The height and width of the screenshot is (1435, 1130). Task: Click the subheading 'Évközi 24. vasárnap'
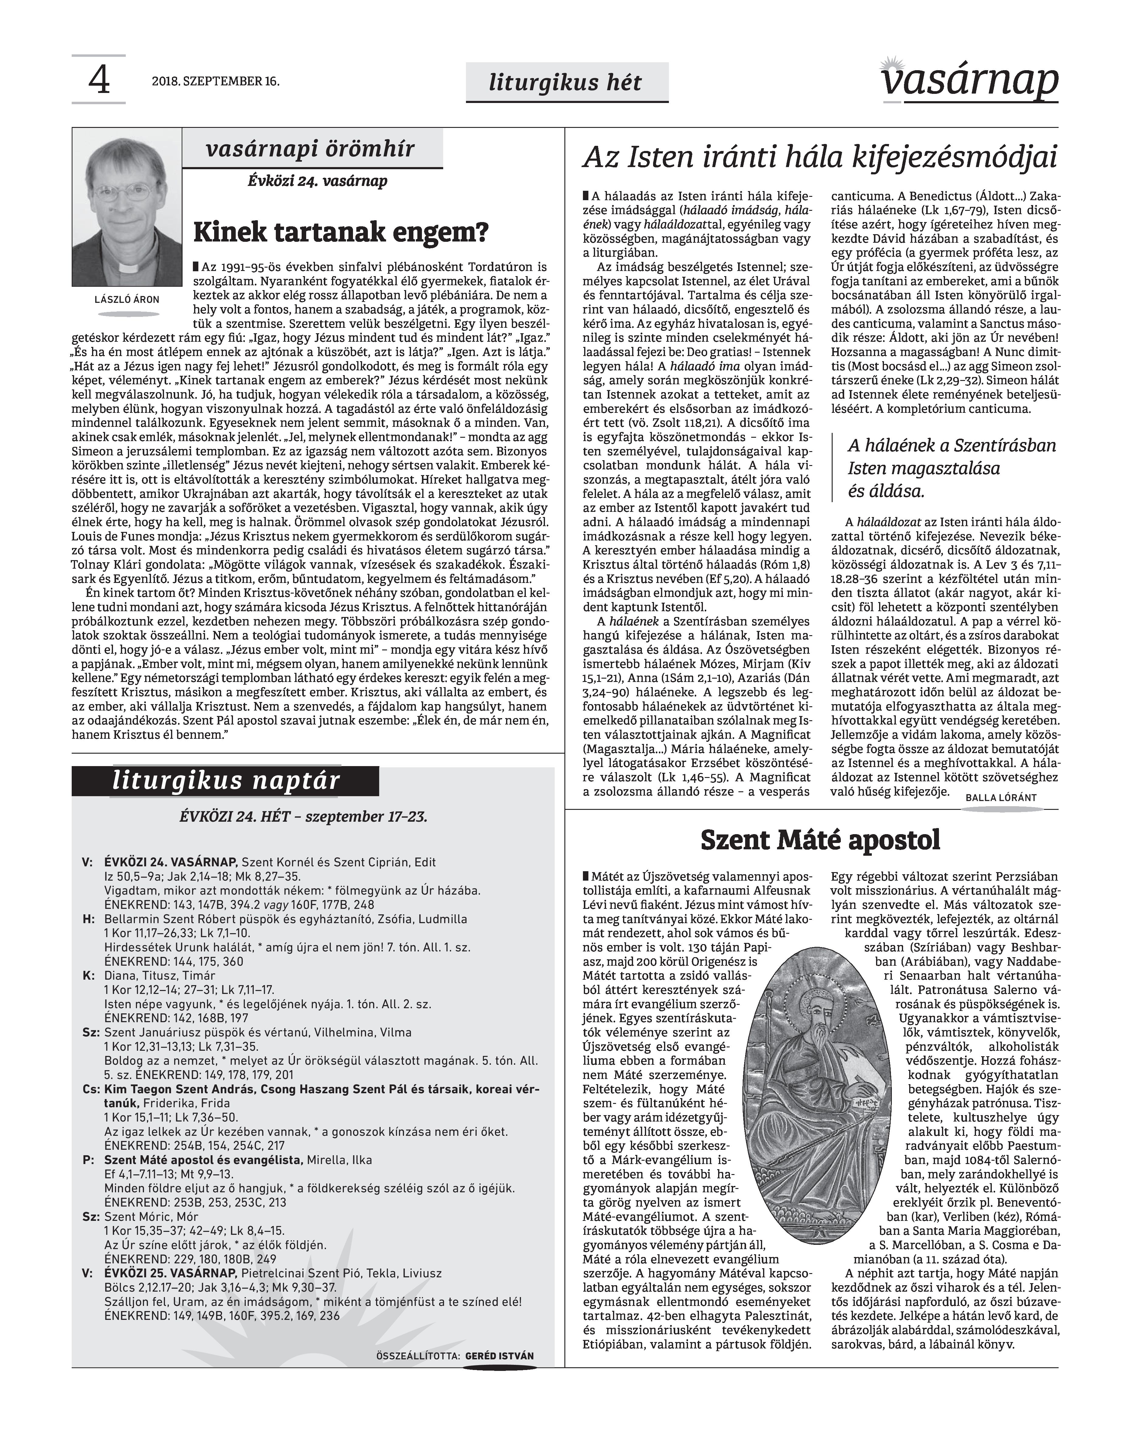coord(317,181)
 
